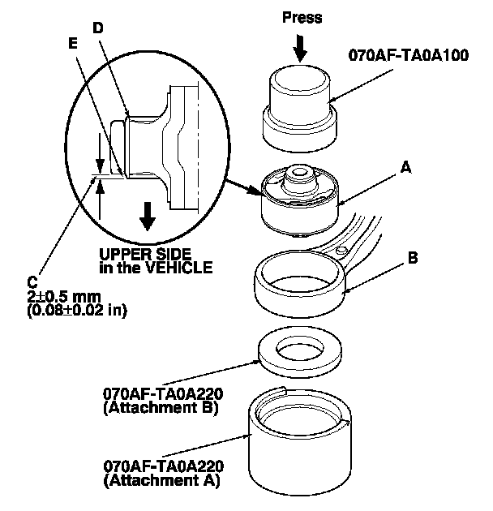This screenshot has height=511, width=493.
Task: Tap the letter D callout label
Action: coord(97,27)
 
